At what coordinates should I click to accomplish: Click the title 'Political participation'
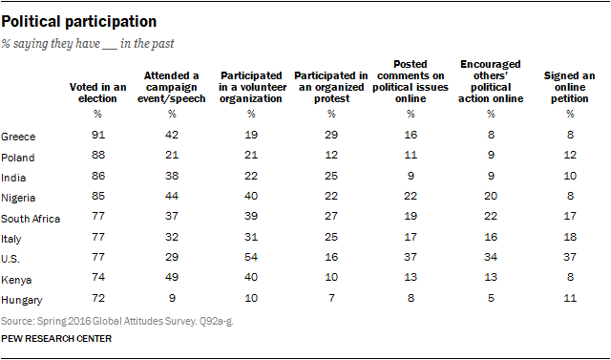coord(78,22)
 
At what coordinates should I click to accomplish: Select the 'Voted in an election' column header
coord(97,93)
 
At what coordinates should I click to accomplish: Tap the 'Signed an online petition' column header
coord(569,87)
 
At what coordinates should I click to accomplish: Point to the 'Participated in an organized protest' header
coord(331,87)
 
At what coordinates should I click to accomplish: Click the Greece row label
coord(18,137)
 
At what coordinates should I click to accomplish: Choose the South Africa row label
coord(31,219)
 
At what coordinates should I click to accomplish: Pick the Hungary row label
coord(21,301)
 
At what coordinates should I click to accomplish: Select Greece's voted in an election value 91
coord(98,135)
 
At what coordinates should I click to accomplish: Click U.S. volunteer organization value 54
coord(251,257)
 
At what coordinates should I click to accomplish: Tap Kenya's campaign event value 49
coord(172,277)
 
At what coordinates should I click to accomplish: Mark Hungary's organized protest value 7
coord(331,298)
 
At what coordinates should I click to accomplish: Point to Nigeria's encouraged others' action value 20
coord(491,196)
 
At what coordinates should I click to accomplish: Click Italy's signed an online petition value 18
coord(570,237)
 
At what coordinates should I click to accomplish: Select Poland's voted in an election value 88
coord(98,155)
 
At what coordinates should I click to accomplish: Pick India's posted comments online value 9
coord(411,176)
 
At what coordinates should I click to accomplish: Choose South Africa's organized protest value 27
coord(331,216)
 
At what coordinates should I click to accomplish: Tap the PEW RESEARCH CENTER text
coord(56,339)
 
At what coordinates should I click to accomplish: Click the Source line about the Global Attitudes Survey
coord(116,322)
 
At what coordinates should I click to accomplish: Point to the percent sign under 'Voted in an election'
coord(97,114)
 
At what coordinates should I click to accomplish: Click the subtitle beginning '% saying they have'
coord(88,44)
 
